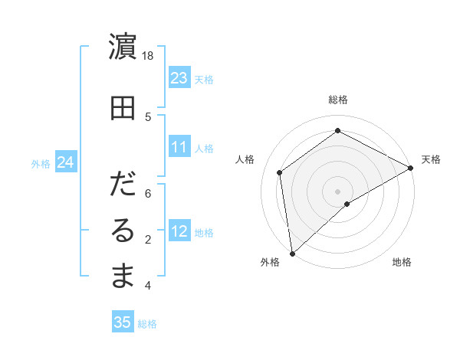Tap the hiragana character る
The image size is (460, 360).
(123, 231)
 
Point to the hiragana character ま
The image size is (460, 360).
(123, 277)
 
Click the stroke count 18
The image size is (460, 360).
(148, 57)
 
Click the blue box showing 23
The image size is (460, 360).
(179, 78)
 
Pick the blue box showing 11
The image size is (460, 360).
(179, 147)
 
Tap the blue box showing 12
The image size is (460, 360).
(179, 231)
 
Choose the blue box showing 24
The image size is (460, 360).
(65, 162)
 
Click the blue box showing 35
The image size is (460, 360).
(123, 322)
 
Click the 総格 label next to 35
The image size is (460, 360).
(147, 324)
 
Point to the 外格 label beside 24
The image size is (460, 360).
(41, 163)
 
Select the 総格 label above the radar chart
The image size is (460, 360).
(337, 100)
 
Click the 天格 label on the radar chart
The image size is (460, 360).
(431, 159)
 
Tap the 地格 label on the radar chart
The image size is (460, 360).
(402, 262)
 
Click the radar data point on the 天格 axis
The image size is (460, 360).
(411, 167)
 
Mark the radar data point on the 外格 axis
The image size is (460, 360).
(292, 253)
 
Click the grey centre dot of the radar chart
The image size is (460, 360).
(337, 190)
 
